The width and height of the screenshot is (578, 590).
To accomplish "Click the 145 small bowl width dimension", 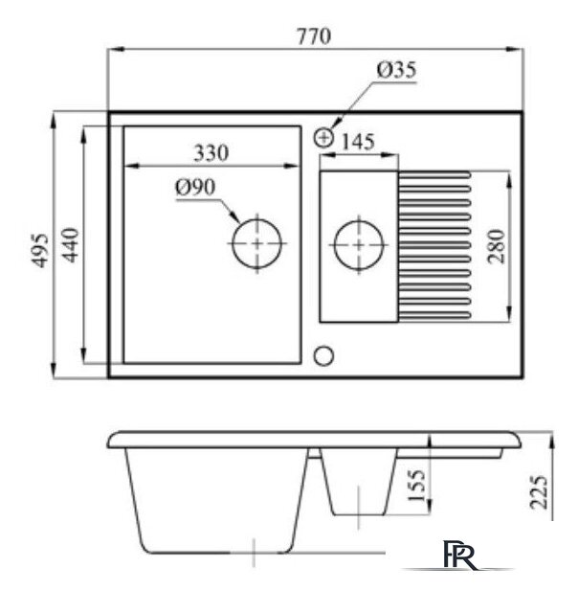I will pyautogui.click(x=356, y=143).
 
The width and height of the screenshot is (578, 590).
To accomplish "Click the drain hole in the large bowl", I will pyautogui.click(x=258, y=243).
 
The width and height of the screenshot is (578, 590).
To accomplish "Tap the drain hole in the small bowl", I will pyautogui.click(x=359, y=244).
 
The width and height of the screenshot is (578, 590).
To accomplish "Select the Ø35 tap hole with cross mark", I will pyautogui.click(x=323, y=137).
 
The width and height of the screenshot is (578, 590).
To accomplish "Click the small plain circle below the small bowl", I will pyautogui.click(x=323, y=355).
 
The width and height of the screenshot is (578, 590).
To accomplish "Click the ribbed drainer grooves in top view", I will pyautogui.click(x=435, y=245).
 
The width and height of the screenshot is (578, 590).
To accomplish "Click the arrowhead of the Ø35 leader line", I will pyautogui.click(x=334, y=126).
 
